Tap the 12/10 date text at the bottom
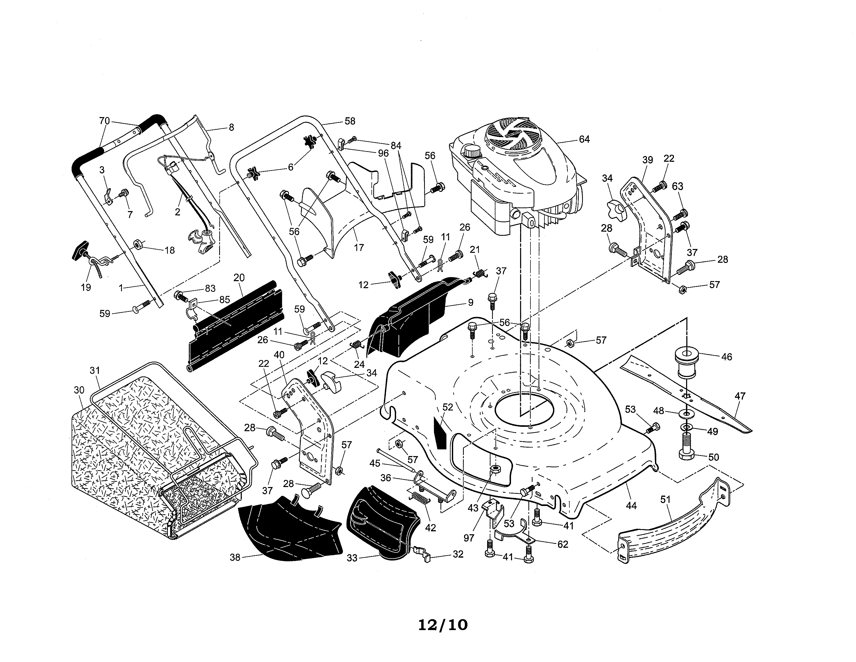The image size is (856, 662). pyautogui.click(x=443, y=625)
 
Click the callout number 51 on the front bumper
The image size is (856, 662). pyautogui.click(x=666, y=500)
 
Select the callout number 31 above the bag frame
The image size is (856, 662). pyautogui.click(x=95, y=370)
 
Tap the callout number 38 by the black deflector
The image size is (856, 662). pyautogui.click(x=234, y=557)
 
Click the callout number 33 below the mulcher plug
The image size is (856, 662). pyautogui.click(x=352, y=558)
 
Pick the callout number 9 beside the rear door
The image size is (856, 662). pyautogui.click(x=470, y=302)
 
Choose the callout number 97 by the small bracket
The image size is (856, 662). pyautogui.click(x=469, y=538)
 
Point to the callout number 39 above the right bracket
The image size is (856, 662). pyautogui.click(x=647, y=160)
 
